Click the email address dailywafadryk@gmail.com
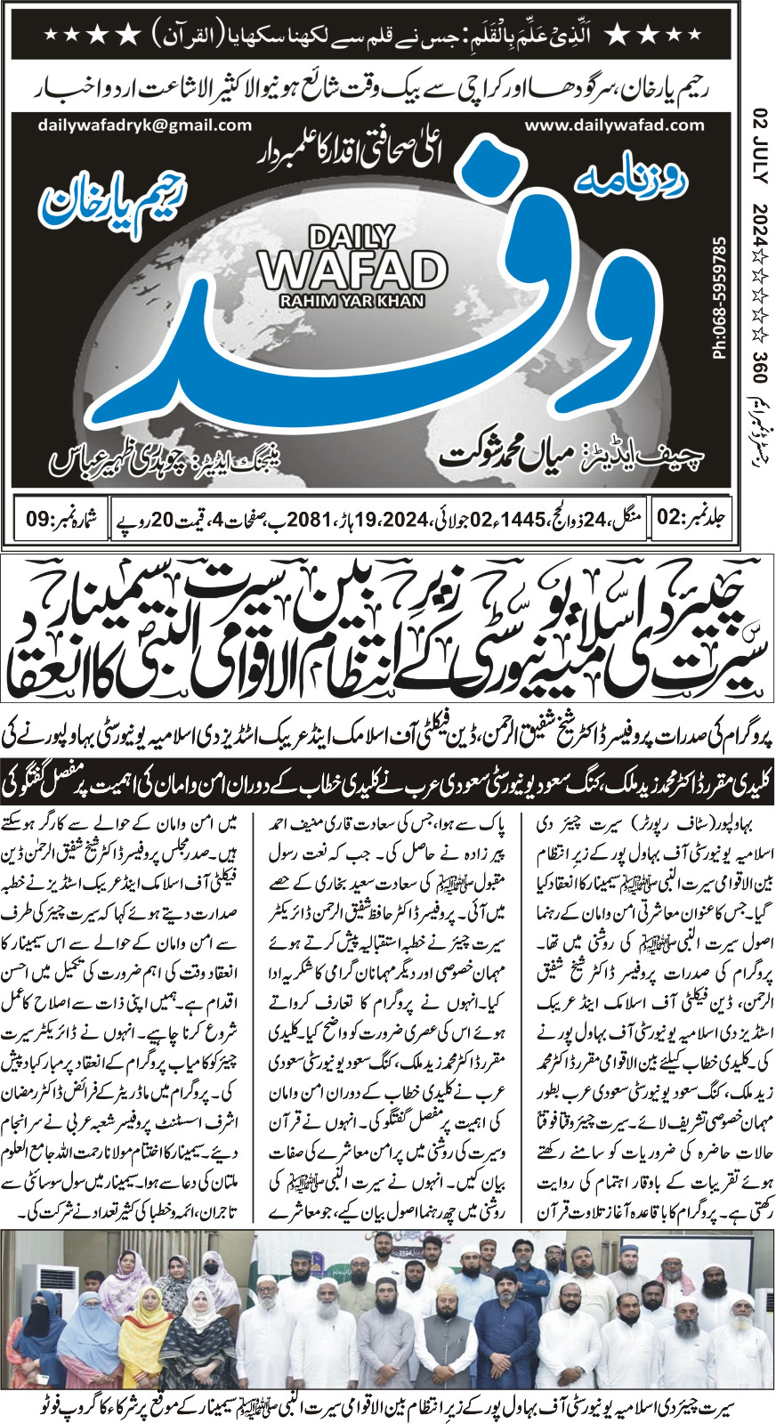[x=145, y=125]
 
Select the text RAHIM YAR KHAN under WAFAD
[x=352, y=301]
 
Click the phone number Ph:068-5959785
[x=719, y=298]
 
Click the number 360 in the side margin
[x=759, y=366]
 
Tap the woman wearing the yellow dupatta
[x=143, y=1335]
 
